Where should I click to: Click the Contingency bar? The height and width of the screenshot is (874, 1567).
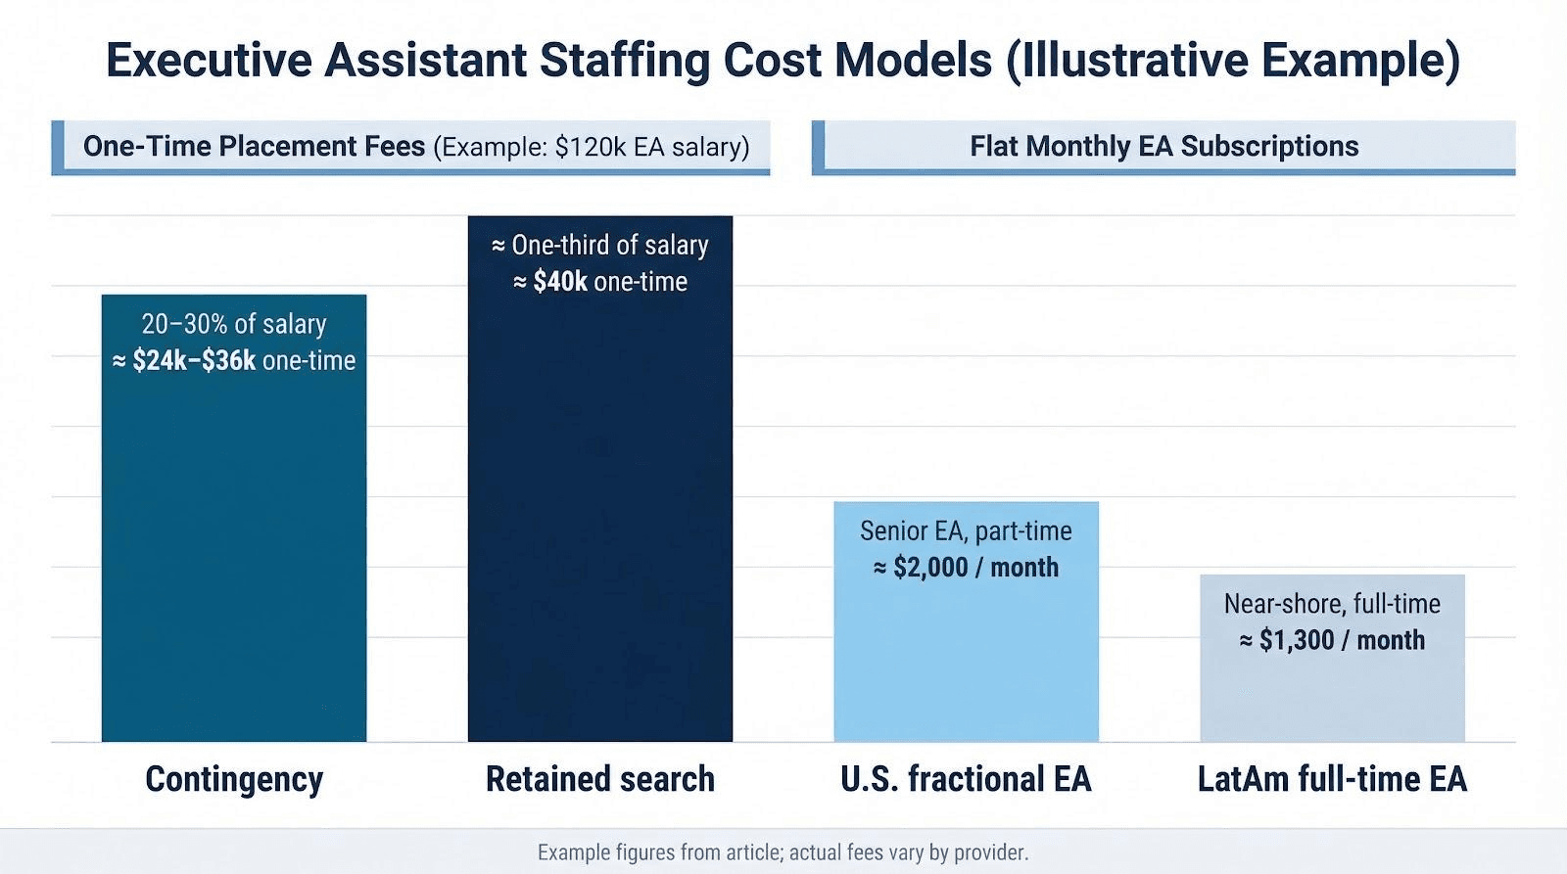click(233, 548)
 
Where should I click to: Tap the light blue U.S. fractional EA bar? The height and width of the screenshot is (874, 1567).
click(966, 656)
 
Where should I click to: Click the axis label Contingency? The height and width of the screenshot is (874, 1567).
click(234, 779)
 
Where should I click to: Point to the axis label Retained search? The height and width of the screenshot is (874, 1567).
click(599, 779)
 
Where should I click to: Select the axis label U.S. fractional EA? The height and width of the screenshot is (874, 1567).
click(966, 779)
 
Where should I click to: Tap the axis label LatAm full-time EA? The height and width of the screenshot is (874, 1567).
click(1332, 779)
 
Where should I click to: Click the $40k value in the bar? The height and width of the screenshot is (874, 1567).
click(560, 282)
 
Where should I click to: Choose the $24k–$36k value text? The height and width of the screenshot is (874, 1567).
click(194, 360)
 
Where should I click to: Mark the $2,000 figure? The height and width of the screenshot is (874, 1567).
click(930, 568)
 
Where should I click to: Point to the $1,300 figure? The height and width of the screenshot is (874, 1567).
click(1297, 640)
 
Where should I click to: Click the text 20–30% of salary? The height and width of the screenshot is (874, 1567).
click(233, 324)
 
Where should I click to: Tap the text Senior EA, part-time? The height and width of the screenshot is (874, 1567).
click(966, 530)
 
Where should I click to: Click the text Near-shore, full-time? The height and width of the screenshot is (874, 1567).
click(1332, 603)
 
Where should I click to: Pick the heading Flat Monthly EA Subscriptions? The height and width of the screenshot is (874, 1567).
click(1163, 146)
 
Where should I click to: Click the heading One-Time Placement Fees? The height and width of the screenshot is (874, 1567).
click(254, 146)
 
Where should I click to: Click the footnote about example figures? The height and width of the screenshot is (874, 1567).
click(783, 852)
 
